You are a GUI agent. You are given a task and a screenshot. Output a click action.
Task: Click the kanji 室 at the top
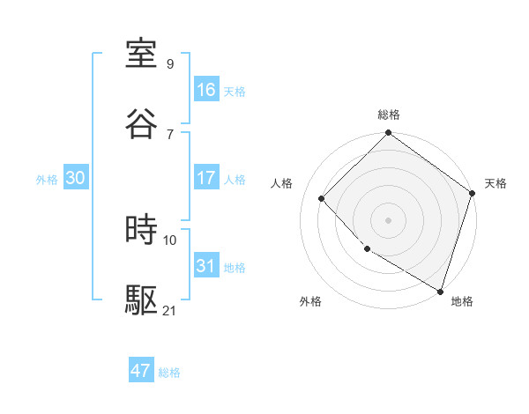pyautogui.click(x=142, y=55)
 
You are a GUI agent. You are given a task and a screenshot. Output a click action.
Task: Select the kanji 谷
pyautogui.click(x=142, y=123)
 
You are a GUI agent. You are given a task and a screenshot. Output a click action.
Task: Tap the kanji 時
pyautogui.click(x=142, y=230)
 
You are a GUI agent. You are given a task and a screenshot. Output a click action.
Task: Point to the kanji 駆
pyautogui.click(x=142, y=299)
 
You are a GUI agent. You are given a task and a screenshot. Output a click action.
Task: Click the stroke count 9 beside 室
pyautogui.click(x=169, y=64)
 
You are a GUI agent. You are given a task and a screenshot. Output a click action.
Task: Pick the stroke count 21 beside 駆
pyautogui.click(x=170, y=310)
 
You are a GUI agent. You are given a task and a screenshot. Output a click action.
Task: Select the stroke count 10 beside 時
pyautogui.click(x=170, y=240)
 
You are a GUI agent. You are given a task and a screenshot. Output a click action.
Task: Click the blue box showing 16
pyautogui.click(x=206, y=90)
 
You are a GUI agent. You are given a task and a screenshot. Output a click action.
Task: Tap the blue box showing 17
pyautogui.click(x=206, y=178)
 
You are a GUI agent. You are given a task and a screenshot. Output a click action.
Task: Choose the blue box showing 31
pyautogui.click(x=206, y=266)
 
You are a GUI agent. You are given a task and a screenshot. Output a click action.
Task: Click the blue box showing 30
pyautogui.click(x=76, y=178)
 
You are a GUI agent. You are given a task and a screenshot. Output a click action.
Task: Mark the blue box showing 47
pyautogui.click(x=141, y=371)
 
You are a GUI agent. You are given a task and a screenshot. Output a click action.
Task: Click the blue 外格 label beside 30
pyautogui.click(x=47, y=180)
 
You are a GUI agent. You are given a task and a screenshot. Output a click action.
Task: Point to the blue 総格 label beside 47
pyautogui.click(x=169, y=373)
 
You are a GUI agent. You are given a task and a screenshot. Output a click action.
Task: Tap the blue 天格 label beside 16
pyautogui.click(x=235, y=92)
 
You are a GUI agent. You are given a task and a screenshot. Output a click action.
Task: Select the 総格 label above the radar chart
pyautogui.click(x=389, y=115)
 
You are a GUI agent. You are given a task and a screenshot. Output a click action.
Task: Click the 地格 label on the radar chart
pyautogui.click(x=462, y=301)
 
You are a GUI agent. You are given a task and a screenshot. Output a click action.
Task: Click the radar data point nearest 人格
pyautogui.click(x=322, y=199)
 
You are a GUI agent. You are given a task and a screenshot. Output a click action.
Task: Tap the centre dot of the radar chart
pyautogui.click(x=389, y=220)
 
